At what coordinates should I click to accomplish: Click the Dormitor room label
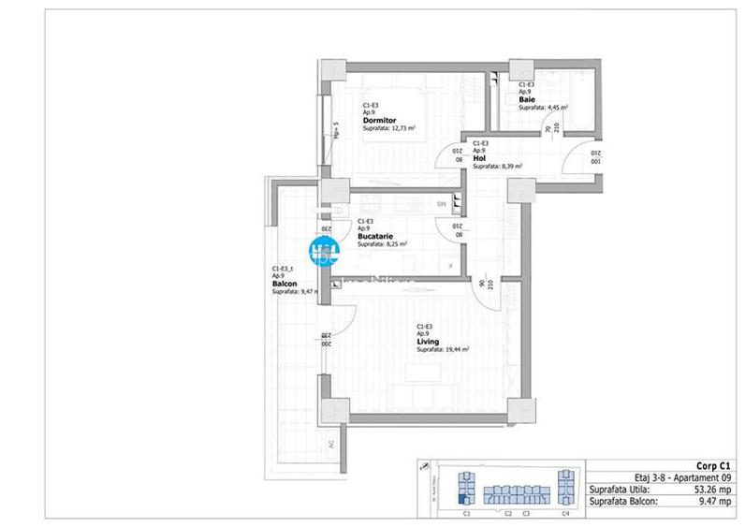[x=380, y=121]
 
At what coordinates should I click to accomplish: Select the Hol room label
[x=479, y=158]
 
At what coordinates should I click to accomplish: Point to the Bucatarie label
[x=374, y=237]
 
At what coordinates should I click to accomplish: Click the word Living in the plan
[x=428, y=342]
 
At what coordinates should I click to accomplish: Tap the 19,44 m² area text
[x=454, y=349]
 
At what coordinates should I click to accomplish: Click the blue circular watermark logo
[x=324, y=251]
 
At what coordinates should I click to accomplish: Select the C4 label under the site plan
[x=564, y=513]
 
